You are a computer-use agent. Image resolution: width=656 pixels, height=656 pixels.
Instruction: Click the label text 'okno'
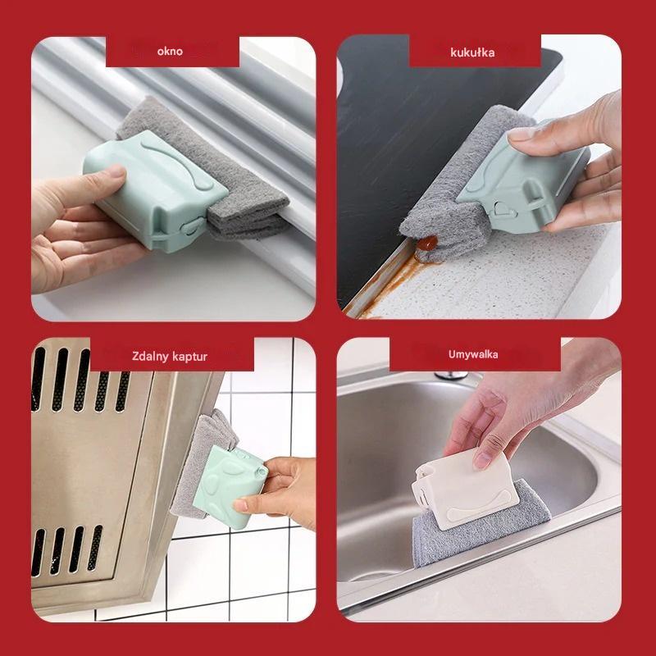(x=170, y=52)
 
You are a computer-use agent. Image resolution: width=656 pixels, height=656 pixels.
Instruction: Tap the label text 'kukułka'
(x=472, y=52)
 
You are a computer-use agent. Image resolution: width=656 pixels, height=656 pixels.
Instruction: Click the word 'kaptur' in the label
(x=190, y=357)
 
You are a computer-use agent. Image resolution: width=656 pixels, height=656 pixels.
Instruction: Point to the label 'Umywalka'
(x=473, y=354)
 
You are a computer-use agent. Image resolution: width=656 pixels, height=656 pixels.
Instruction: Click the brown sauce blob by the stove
(x=426, y=242)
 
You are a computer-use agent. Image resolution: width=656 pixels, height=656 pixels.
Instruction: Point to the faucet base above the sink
(x=451, y=376)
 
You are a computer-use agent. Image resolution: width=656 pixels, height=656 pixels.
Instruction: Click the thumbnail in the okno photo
(x=113, y=171)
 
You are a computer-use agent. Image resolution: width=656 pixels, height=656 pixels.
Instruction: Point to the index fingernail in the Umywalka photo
(x=481, y=461)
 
